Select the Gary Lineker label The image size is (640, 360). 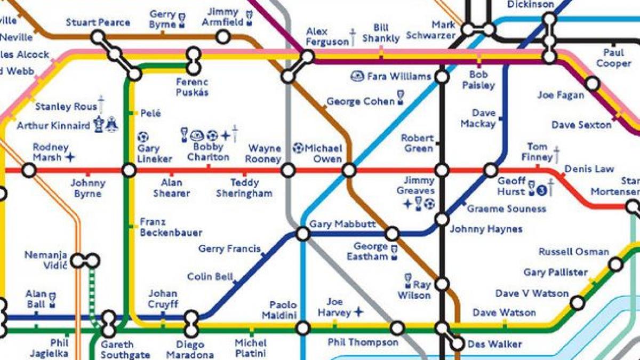click(x=155, y=154)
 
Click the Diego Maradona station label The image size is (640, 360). click(x=190, y=349)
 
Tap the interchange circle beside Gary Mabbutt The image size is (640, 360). click(x=303, y=234)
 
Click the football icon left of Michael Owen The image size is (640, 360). click(x=299, y=148)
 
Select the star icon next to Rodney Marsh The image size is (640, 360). click(x=70, y=157)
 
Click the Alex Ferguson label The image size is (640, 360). click(x=327, y=37)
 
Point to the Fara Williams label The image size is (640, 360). click(x=398, y=76)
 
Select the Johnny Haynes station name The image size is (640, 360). click(x=486, y=229)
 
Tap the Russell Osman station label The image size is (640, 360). click(x=573, y=251)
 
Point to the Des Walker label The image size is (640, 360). click(x=494, y=344)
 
